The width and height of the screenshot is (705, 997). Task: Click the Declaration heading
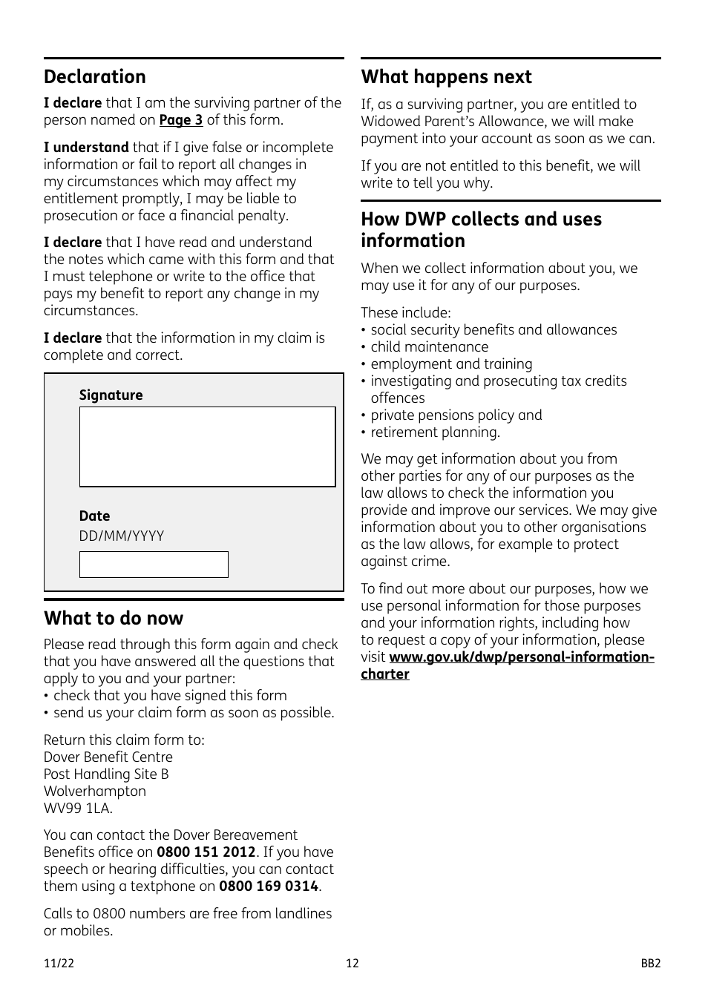point(94,77)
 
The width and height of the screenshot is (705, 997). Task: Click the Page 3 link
point(180,120)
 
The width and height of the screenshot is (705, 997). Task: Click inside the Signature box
point(207,447)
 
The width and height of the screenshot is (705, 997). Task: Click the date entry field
point(154,565)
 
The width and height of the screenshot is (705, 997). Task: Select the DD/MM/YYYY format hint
point(122,536)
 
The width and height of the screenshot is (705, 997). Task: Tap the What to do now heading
point(113,619)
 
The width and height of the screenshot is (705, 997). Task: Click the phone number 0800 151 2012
point(206,852)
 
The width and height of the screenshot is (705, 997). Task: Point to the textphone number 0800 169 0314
point(268,886)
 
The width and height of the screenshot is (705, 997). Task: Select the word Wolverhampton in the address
point(94,792)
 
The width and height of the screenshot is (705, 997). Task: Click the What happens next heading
point(446,77)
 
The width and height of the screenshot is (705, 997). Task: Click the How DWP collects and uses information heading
point(481,230)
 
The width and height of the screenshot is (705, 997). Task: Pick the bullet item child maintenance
point(429,347)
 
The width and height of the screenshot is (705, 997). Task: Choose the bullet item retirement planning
point(435,432)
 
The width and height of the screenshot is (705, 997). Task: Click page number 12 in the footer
point(352,964)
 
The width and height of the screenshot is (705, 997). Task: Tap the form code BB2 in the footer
point(650,964)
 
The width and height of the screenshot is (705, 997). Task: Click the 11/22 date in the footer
point(59,964)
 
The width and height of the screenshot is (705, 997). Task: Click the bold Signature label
point(111,395)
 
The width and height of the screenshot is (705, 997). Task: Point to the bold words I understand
point(85,148)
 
